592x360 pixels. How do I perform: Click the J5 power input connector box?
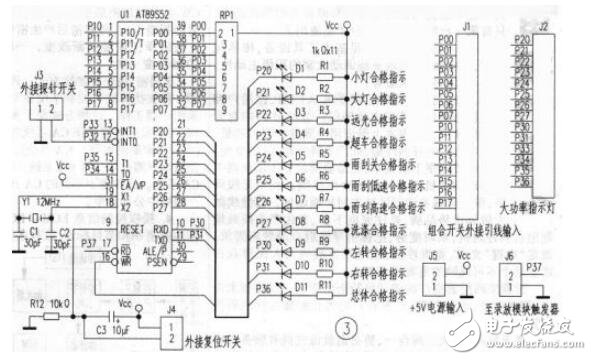[x=439, y=275]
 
